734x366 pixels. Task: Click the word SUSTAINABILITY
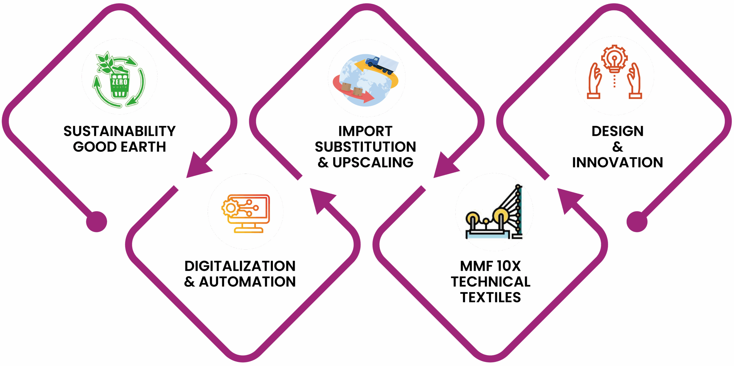(119, 131)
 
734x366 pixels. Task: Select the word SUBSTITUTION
(365, 147)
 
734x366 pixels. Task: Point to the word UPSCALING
(373, 163)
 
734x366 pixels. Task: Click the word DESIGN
(617, 131)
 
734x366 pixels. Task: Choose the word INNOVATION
(617, 163)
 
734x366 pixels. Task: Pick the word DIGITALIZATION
(240, 266)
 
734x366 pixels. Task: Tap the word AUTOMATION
(247, 282)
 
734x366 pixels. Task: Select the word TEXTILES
(490, 297)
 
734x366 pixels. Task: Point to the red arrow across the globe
(353, 90)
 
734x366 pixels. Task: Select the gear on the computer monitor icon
(230, 208)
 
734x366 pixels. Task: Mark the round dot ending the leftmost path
(96, 222)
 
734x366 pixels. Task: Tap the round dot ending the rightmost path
(637, 222)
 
